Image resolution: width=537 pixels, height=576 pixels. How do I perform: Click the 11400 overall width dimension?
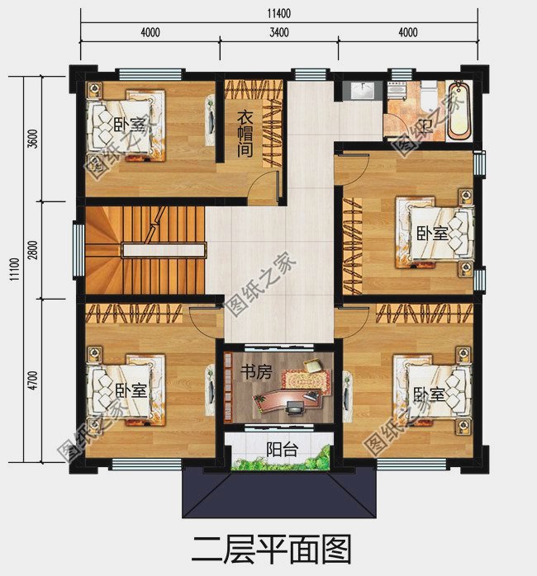(278, 13)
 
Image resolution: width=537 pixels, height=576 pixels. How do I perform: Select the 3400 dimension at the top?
(278, 32)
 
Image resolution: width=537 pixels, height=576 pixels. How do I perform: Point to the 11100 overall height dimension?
(14, 269)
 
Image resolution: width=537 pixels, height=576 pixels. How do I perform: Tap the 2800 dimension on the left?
(33, 250)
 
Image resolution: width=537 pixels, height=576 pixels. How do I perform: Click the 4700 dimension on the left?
(33, 380)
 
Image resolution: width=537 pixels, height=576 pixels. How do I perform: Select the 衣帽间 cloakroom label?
(245, 134)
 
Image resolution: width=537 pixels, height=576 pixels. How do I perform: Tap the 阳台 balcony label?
(282, 449)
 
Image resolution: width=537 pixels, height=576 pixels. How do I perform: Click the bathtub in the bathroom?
(459, 111)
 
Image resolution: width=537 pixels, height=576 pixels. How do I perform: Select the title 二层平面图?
(271, 550)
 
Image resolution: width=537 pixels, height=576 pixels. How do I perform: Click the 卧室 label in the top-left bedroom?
(130, 125)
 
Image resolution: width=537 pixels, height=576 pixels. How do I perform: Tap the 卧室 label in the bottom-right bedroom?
(430, 394)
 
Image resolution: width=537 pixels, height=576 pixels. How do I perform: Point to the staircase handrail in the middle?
(163, 251)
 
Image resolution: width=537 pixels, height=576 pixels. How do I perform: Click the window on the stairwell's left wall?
(78, 250)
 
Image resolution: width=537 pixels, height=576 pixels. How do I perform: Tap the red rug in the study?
(306, 380)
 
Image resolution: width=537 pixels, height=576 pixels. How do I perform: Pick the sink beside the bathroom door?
(363, 91)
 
